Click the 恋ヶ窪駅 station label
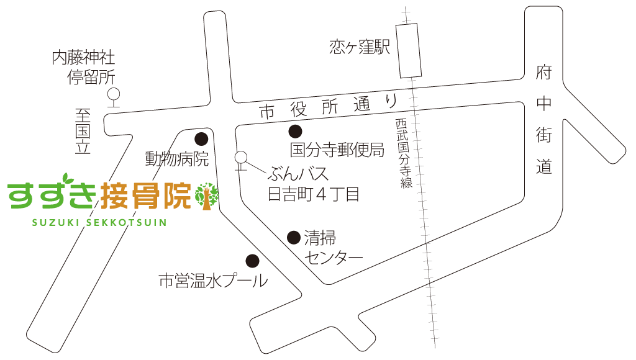click(360, 47)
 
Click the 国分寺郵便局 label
click(337, 150)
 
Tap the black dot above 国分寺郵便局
click(295, 131)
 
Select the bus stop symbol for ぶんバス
click(242, 159)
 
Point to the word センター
click(334, 256)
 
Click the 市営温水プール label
click(213, 281)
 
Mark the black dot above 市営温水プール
click(252, 260)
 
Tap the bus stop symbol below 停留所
click(113, 96)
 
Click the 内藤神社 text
click(83, 59)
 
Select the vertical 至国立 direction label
click(83, 131)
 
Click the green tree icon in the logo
click(206, 196)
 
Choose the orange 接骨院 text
click(145, 196)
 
